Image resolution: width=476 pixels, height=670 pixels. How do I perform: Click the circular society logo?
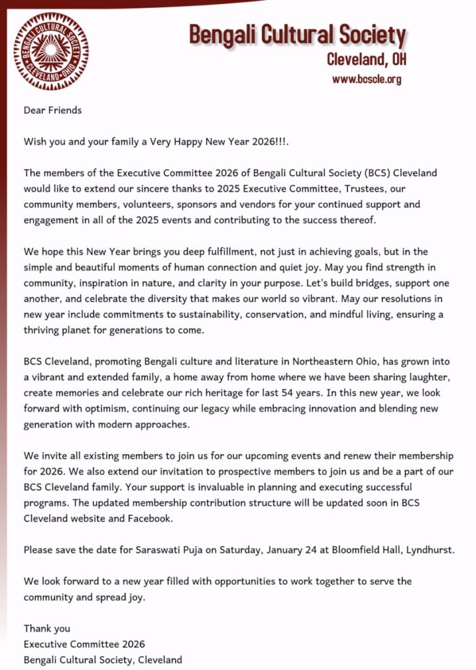[51, 51]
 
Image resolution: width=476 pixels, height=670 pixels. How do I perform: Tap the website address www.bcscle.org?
[366, 80]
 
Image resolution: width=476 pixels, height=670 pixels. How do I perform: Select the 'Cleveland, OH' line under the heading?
[366, 60]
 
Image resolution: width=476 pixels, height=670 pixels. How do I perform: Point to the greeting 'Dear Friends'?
[53, 111]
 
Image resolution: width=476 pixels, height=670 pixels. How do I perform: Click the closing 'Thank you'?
[47, 629]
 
